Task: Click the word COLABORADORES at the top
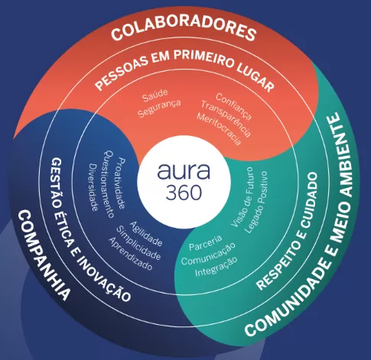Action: (184, 28)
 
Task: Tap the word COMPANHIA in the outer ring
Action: (43, 255)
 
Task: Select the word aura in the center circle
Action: (184, 171)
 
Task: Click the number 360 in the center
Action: (184, 192)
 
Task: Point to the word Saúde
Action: (155, 96)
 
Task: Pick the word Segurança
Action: (159, 109)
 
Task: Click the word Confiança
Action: (233, 106)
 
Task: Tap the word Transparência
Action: (226, 118)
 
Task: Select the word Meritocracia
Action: (219, 129)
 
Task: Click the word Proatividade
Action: (122, 183)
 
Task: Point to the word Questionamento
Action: (109, 184)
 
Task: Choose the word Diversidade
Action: (93, 187)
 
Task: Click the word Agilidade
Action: (146, 234)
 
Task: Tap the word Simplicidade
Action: (138, 243)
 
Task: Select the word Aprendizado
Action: (131, 254)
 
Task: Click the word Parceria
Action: (206, 243)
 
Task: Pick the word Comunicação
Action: (208, 254)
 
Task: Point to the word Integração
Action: (216, 267)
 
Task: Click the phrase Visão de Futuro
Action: (242, 196)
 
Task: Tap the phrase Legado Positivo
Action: (256, 203)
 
